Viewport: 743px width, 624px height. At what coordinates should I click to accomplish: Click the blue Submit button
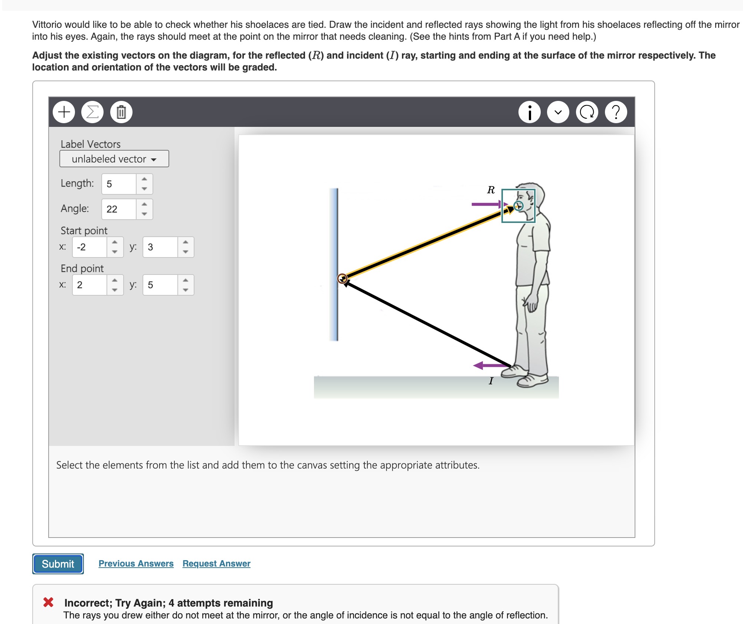pyautogui.click(x=58, y=564)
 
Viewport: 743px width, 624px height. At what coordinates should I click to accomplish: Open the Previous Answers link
pyautogui.click(x=136, y=563)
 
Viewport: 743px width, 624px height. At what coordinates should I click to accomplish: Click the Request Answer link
pyautogui.click(x=216, y=563)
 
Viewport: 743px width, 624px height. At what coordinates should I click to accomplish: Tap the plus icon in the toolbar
pyautogui.click(x=64, y=112)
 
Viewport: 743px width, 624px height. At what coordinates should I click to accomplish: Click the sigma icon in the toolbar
pyautogui.click(x=92, y=112)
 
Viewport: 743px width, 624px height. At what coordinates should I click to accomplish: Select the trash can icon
pyautogui.click(x=121, y=112)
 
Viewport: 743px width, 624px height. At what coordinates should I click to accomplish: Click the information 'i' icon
pyautogui.click(x=529, y=112)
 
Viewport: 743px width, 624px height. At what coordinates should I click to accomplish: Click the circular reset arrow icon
pyautogui.click(x=587, y=112)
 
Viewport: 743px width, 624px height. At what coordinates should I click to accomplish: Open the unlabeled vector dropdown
pyautogui.click(x=114, y=159)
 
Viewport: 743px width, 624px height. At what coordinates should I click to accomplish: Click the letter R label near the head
pyautogui.click(x=491, y=190)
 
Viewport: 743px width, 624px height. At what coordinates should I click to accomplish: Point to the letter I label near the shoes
pyautogui.click(x=491, y=381)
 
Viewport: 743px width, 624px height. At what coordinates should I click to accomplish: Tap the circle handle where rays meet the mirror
pyautogui.click(x=342, y=278)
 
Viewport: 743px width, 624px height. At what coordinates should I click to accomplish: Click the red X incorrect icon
pyautogui.click(x=48, y=602)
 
